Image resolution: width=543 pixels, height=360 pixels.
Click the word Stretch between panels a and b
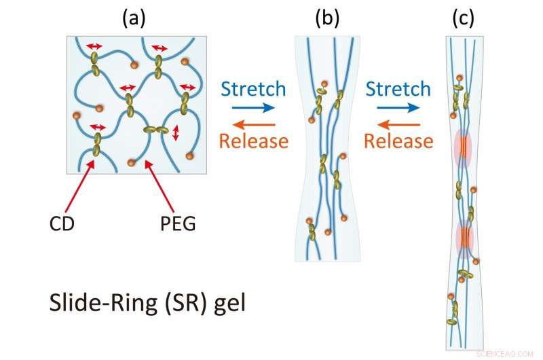(x=254, y=89)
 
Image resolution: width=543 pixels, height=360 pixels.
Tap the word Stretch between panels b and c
(x=398, y=89)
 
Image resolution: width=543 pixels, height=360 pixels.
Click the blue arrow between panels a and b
(x=253, y=107)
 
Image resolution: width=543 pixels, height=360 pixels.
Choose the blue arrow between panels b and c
(x=397, y=107)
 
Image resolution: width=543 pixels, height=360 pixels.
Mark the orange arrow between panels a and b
(x=253, y=124)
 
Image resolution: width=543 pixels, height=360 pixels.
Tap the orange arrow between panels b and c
(x=397, y=124)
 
